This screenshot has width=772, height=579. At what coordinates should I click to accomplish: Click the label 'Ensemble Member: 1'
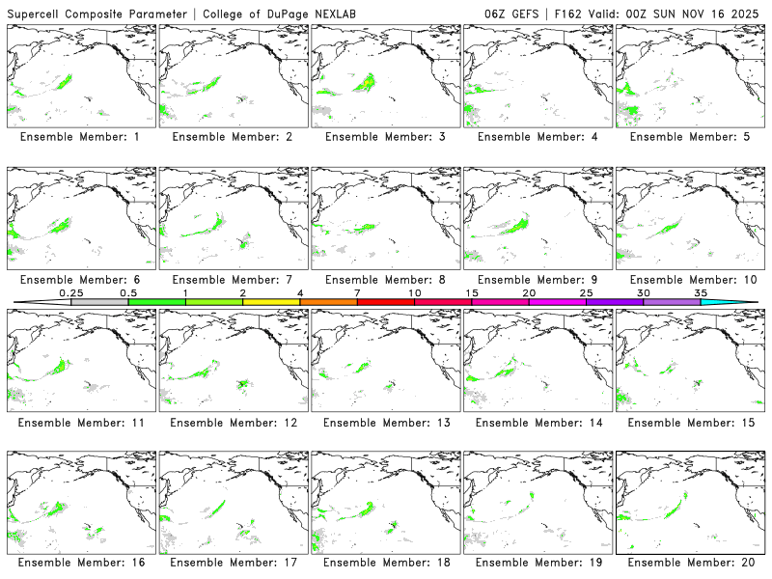tap(79, 137)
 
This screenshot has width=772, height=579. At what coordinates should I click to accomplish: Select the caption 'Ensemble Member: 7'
tap(232, 280)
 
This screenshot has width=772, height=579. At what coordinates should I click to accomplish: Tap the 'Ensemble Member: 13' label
tap(384, 423)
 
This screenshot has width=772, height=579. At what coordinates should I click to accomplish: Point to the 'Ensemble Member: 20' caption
tap(689, 563)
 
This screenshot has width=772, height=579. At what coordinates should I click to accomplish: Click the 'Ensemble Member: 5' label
tap(689, 137)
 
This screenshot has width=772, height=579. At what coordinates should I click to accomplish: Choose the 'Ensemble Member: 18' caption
tap(384, 563)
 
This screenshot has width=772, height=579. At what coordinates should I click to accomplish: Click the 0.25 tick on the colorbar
tap(71, 292)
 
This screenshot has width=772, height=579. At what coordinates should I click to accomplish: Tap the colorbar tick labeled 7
tap(357, 292)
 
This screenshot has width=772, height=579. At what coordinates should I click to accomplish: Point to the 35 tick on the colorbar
tap(701, 292)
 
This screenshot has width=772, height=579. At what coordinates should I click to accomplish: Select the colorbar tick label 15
tap(472, 292)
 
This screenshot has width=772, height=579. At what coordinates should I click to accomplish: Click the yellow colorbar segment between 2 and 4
tap(271, 302)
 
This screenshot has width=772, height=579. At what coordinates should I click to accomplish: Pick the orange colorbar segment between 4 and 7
tap(328, 302)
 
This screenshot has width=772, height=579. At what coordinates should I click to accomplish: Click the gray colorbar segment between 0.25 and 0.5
tap(99, 302)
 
